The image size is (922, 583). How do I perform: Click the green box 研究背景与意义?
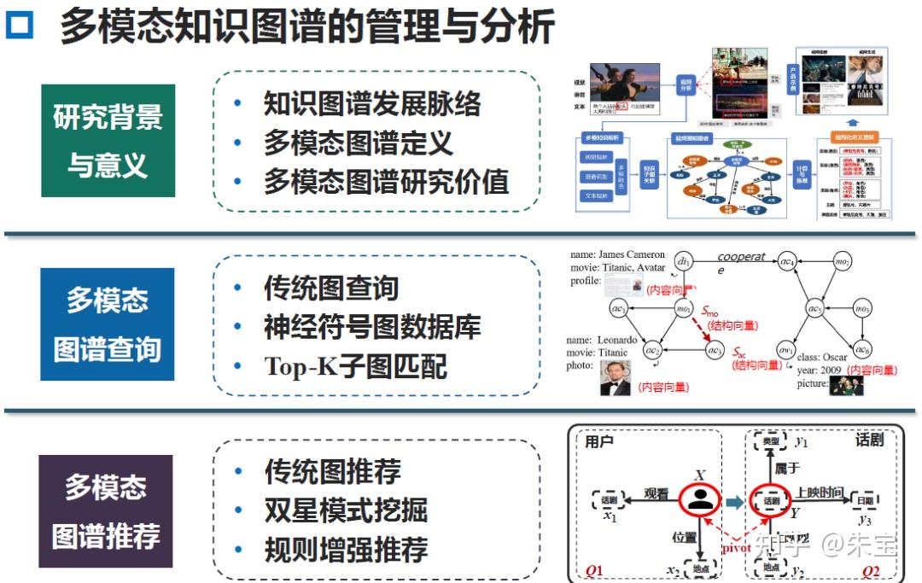click(108, 141)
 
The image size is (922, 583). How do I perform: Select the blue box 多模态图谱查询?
click(108, 324)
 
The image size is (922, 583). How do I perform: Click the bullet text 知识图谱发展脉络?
click(372, 103)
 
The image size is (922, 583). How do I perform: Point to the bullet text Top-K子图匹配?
click(355, 366)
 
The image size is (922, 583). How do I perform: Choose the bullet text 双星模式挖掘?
click(346, 510)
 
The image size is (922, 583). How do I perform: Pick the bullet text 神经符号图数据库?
click(372, 326)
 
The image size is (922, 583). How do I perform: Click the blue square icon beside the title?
click(20, 26)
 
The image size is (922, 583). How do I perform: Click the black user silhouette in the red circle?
click(701, 500)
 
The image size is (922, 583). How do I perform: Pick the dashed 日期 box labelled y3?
click(864, 501)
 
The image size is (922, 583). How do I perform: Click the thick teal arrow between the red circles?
click(735, 501)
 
